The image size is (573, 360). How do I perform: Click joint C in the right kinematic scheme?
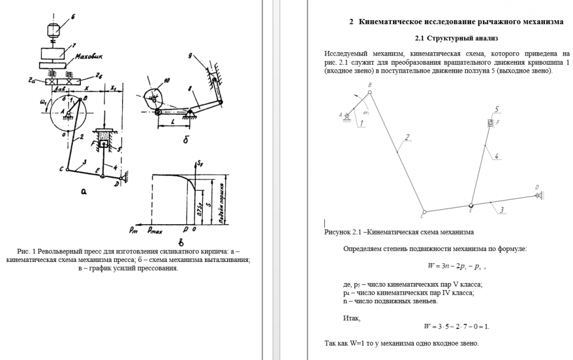point(424,212)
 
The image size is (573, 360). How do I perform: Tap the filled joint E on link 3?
point(471,205)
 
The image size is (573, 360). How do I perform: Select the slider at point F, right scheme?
point(490,122)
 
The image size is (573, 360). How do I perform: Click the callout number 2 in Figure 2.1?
point(406,137)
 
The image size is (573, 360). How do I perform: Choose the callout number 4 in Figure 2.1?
point(496,155)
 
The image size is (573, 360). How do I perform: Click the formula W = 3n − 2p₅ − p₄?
point(457,266)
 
